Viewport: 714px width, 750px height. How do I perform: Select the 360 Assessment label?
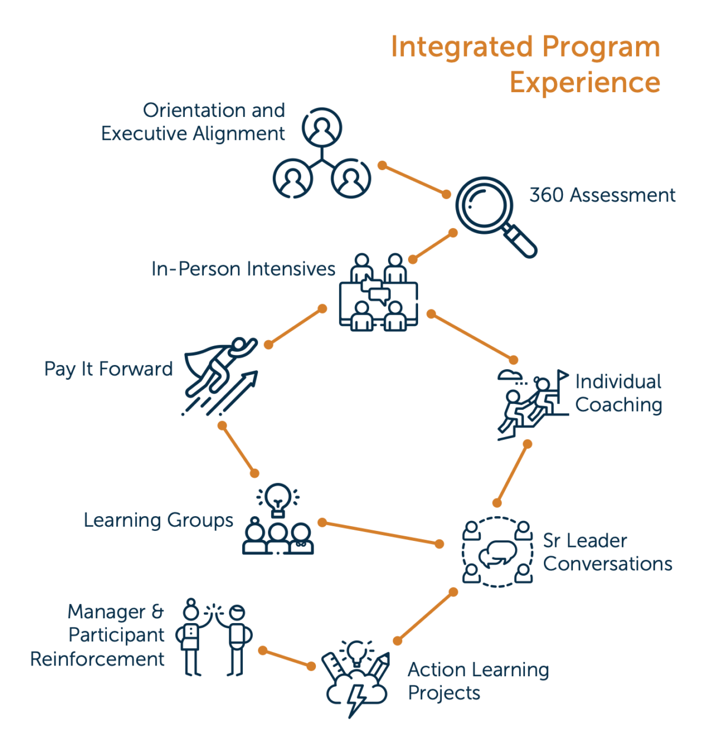coord(602,195)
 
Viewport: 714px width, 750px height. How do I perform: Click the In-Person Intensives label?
coord(243,269)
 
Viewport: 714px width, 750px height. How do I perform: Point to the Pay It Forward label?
coord(109,369)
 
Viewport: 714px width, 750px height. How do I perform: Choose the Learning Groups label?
coord(158,520)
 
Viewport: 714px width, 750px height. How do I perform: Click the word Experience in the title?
coord(585,83)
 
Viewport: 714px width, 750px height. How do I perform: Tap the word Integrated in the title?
coord(462,47)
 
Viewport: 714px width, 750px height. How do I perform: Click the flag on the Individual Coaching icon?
coord(562,374)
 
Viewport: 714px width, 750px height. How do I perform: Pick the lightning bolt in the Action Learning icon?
coord(356,700)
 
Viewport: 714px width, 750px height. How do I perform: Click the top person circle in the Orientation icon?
coord(322,128)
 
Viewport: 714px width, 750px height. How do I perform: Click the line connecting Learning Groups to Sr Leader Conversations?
coord(381,533)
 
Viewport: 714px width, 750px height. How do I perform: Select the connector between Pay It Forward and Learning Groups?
coord(238,449)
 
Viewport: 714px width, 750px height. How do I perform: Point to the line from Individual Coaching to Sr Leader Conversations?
coord(512,474)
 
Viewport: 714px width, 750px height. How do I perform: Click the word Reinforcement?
coord(97,659)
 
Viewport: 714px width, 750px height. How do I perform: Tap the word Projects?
coord(444,693)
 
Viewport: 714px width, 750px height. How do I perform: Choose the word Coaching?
coord(618,405)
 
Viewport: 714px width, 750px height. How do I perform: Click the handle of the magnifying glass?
coord(520,241)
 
